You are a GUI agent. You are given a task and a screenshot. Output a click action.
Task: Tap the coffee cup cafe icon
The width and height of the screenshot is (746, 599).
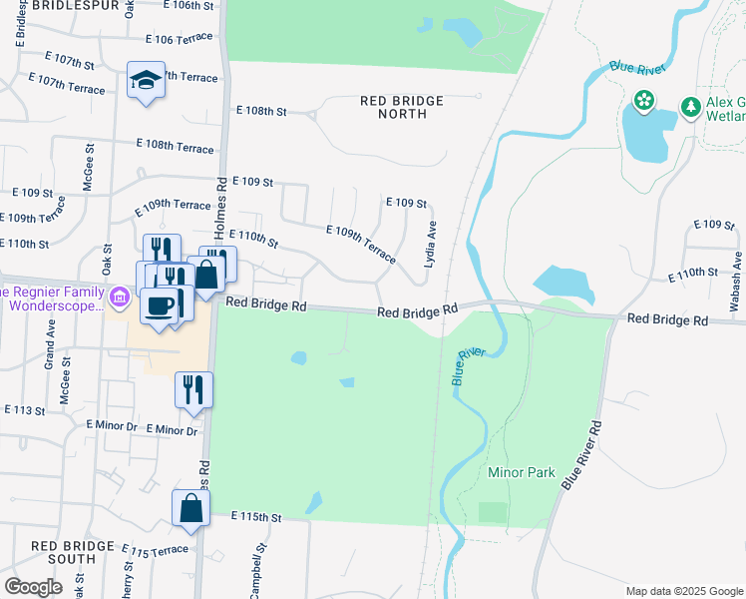tap(159, 305)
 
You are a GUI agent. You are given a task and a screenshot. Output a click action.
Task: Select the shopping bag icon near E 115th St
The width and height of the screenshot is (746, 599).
tap(190, 508)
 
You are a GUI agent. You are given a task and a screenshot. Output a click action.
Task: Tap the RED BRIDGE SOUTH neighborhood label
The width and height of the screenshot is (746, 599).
tap(77, 552)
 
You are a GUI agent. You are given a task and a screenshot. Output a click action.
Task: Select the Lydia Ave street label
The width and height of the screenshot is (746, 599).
tap(431, 244)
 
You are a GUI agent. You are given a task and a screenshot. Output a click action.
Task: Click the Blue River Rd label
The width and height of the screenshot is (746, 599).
tap(583, 454)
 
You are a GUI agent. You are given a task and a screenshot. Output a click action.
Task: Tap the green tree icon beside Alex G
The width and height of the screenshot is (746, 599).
tap(689, 106)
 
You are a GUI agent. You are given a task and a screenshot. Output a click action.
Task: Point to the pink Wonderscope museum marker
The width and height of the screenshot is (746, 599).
tap(120, 297)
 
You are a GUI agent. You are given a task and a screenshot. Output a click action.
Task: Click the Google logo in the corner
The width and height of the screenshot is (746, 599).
tap(33, 587)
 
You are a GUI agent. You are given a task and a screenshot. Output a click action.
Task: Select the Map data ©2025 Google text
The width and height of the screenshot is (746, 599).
tap(684, 591)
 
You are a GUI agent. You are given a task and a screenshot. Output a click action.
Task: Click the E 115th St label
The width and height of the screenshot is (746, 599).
tap(257, 517)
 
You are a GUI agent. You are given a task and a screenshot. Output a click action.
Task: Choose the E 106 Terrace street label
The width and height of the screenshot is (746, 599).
tap(179, 38)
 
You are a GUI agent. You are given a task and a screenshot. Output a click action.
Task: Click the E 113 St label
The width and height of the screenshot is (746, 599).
tap(25, 409)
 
